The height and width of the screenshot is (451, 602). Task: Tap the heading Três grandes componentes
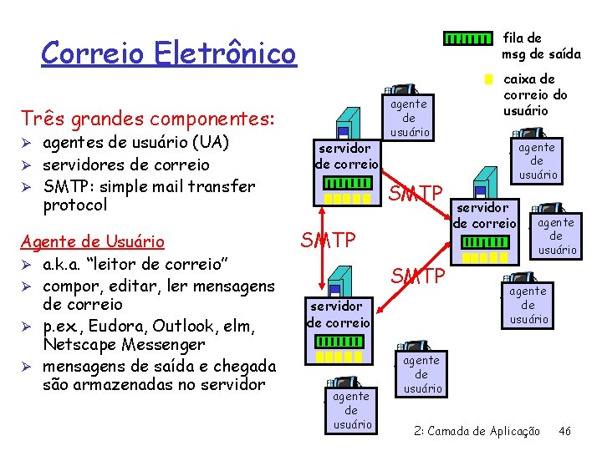(x=148, y=119)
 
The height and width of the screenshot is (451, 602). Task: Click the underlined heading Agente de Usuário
(x=92, y=242)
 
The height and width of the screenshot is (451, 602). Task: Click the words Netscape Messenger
(x=125, y=344)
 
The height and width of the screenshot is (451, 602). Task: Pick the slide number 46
(x=565, y=431)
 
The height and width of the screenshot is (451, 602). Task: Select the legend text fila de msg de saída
(x=540, y=46)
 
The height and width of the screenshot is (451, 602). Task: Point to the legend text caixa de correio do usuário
(x=535, y=94)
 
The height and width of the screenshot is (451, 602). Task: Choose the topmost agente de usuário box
(x=409, y=118)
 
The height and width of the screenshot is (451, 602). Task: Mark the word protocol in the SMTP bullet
(x=75, y=205)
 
